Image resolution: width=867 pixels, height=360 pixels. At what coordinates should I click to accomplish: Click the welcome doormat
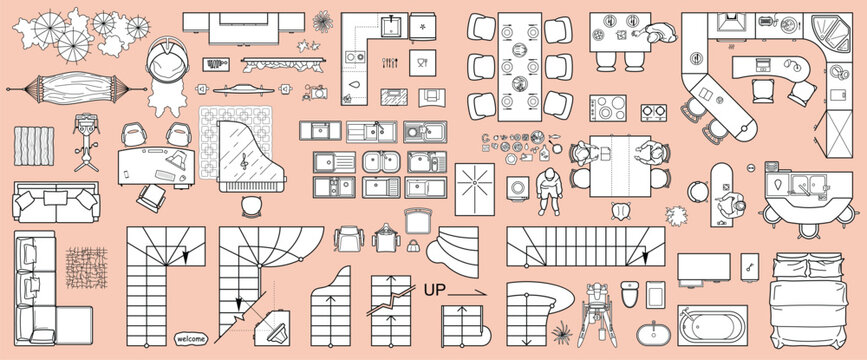(x=190, y=338)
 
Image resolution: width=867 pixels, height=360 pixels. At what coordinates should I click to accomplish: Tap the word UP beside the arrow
(x=435, y=289)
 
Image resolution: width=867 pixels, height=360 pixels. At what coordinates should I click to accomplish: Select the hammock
(x=68, y=88)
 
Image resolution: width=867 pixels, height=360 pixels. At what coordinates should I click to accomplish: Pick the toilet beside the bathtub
(x=630, y=294)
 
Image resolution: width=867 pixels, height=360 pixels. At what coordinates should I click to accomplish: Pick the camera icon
(x=316, y=94)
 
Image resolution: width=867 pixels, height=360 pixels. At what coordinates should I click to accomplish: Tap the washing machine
(x=518, y=187)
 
